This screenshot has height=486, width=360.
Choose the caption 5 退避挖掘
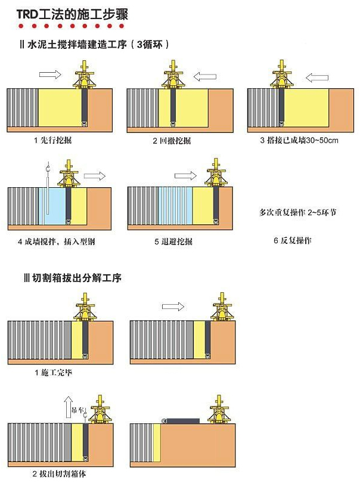[173, 241]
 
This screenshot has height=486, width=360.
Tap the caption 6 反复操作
[293, 240]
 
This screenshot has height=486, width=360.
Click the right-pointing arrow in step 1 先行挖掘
[49, 75]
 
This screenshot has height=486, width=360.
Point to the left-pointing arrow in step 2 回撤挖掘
[204, 76]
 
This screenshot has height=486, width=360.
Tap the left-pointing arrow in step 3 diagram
[318, 77]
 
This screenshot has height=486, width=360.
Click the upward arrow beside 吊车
[69, 407]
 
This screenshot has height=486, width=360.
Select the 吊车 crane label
[79, 410]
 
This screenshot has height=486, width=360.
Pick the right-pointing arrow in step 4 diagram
[94, 176]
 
